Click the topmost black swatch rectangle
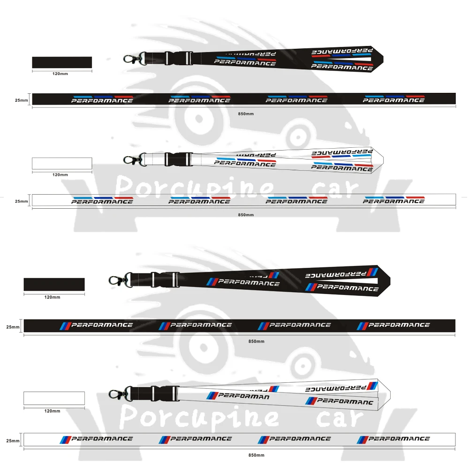(62, 62)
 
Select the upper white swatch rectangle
(62, 163)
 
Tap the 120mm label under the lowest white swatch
(52, 411)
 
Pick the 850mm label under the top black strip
(246, 114)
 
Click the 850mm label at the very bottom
(257, 455)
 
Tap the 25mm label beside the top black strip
(22, 100)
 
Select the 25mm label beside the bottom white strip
(13, 441)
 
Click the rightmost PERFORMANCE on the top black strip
(393, 100)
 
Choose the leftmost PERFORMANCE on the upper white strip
(102, 201)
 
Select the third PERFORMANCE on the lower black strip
(300, 325)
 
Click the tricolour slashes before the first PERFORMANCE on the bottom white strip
(65, 439)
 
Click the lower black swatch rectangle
(54, 284)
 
